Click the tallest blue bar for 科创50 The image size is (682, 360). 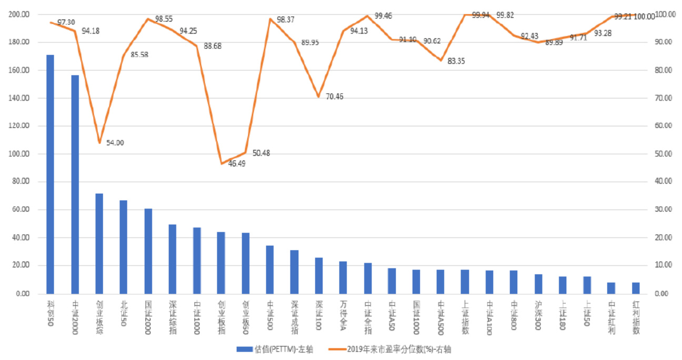(x=50, y=174)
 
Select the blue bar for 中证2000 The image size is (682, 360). (x=75, y=184)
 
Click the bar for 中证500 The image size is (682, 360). (x=269, y=269)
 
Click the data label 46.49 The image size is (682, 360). (x=236, y=163)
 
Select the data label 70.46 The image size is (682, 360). (x=334, y=97)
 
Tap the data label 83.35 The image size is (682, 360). (x=456, y=61)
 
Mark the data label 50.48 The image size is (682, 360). (x=261, y=153)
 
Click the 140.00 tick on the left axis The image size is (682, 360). (x=19, y=98)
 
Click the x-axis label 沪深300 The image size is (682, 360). (x=538, y=315)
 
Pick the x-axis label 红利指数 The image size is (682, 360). (x=636, y=315)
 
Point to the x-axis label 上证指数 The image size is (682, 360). (x=465, y=315)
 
